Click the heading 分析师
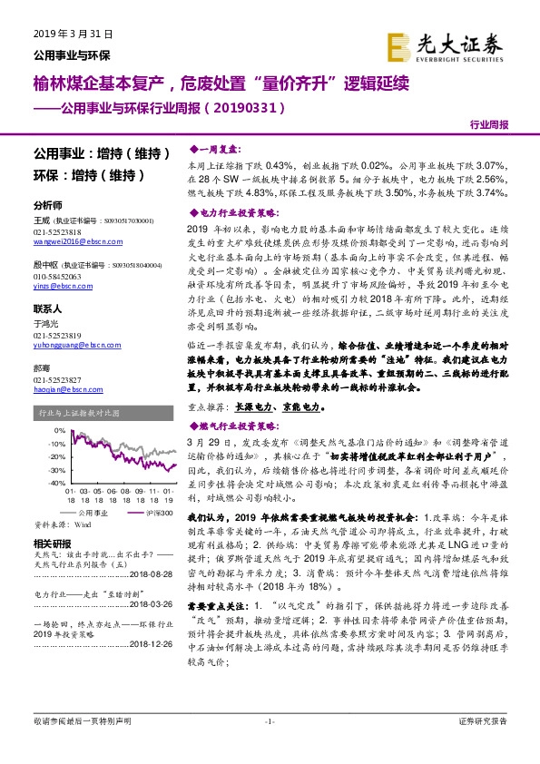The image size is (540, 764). [x=47, y=205]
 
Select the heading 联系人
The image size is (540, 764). [x=47, y=309]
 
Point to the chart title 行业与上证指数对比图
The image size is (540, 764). [x=76, y=412]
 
